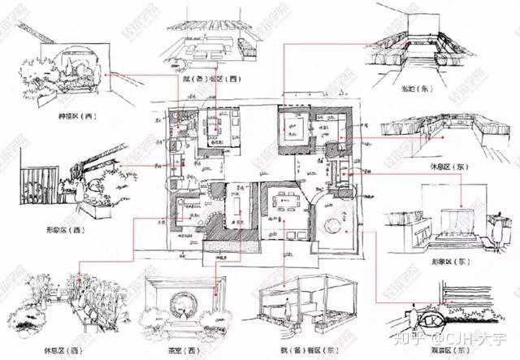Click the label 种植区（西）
point(76,116)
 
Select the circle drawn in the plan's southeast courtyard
point(336,226)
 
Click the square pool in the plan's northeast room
point(293,127)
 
